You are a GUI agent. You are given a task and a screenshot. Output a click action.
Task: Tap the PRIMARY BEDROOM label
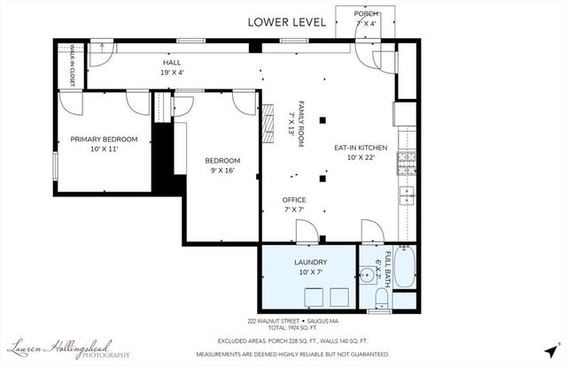point(105,140)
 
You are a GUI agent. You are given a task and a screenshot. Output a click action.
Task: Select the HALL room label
point(171,64)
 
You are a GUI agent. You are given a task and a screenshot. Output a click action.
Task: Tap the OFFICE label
point(294,201)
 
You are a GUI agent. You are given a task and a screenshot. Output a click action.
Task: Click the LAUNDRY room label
point(310,263)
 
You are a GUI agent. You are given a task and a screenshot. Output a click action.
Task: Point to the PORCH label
point(366,14)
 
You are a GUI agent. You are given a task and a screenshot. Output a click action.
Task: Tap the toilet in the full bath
point(380,303)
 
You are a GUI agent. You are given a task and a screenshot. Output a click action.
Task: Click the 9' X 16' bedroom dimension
point(222,171)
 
